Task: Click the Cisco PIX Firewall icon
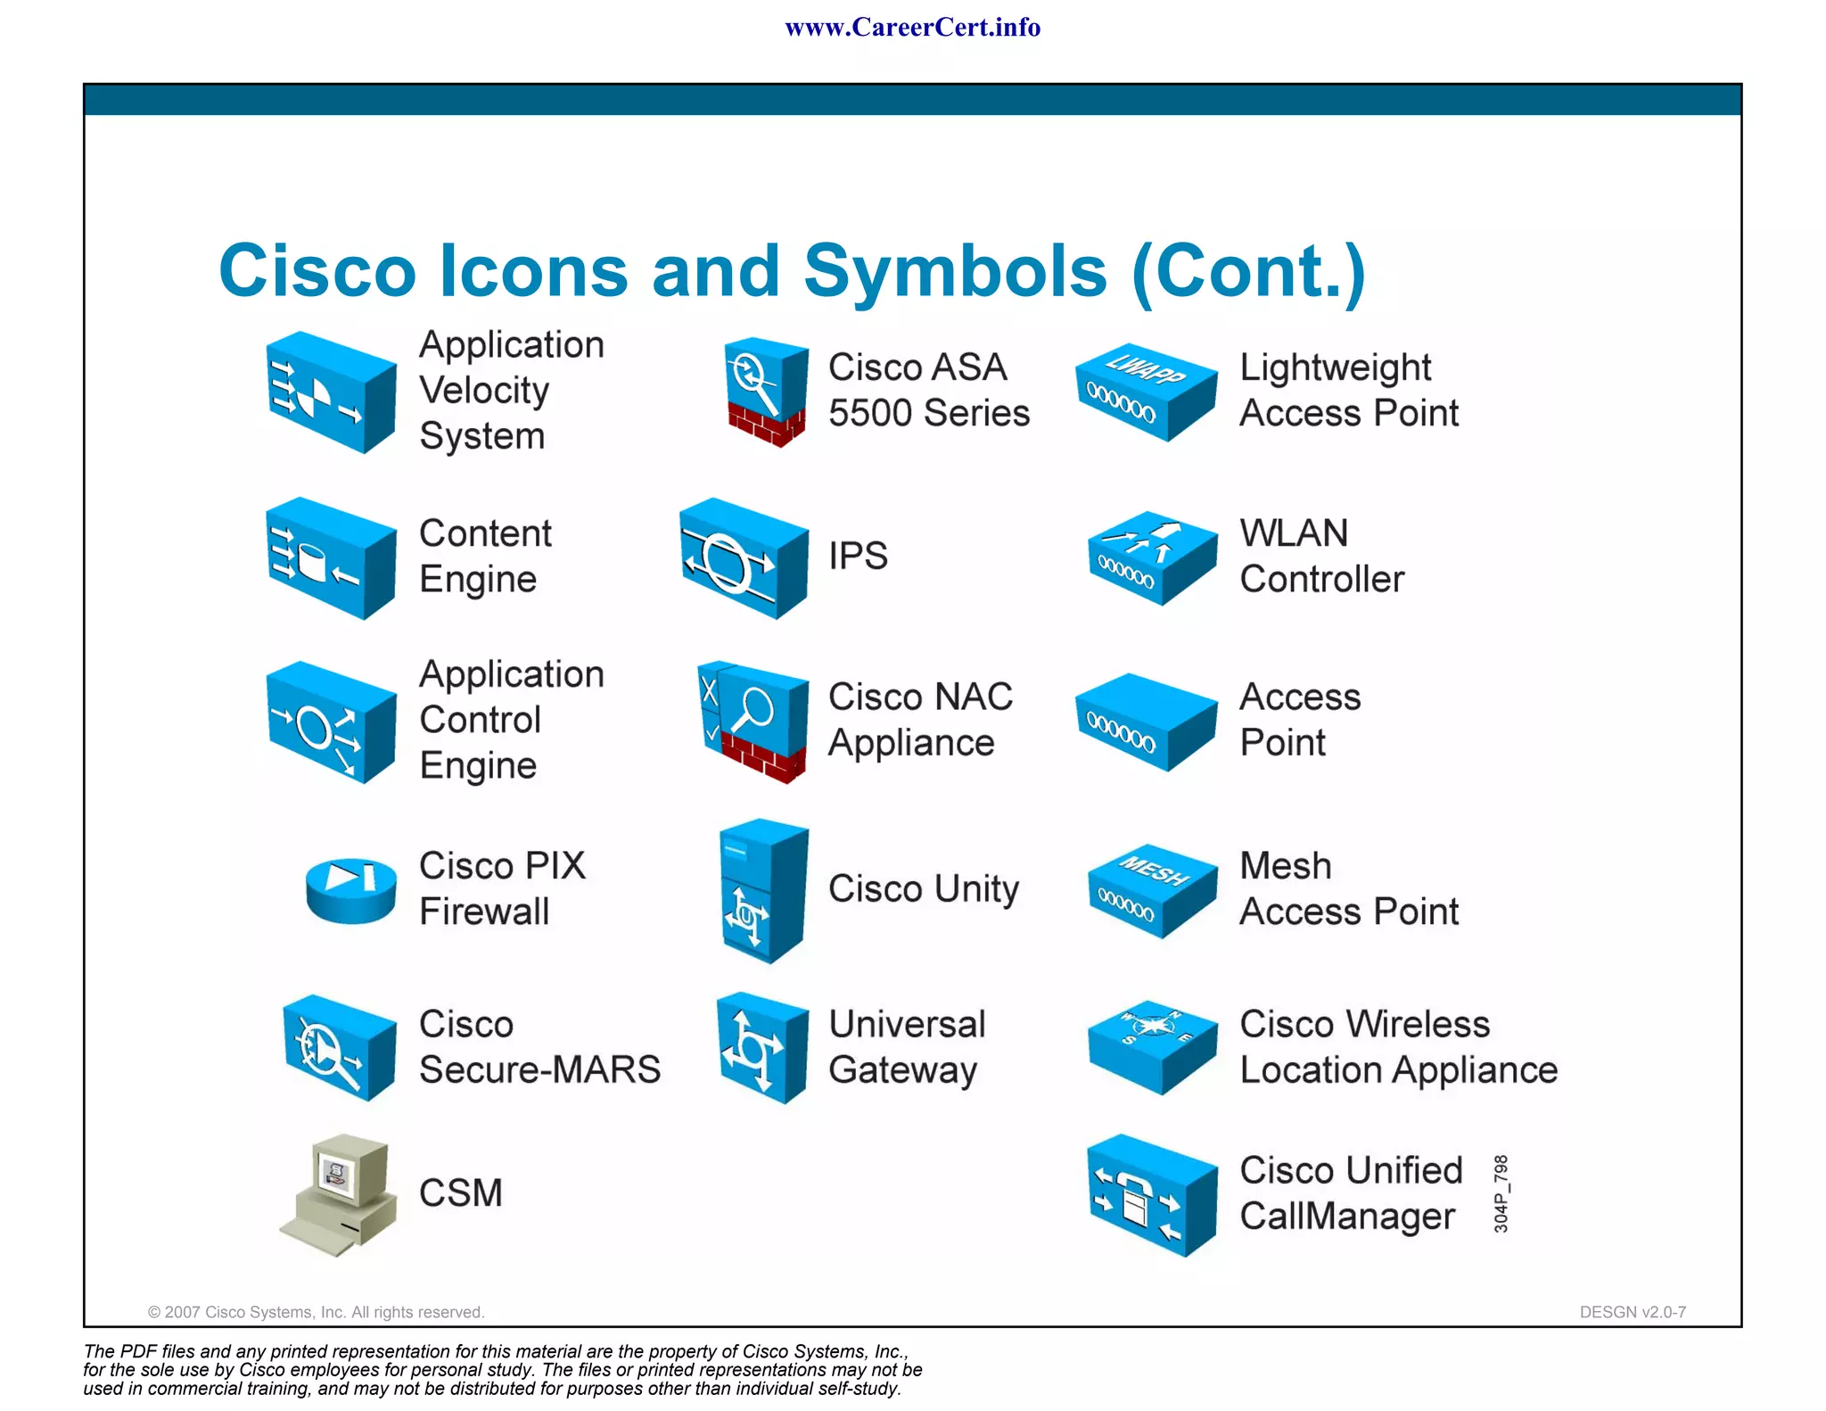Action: (350, 890)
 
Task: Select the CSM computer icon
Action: (340, 1195)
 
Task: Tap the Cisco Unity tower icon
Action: (763, 890)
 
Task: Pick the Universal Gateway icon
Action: (763, 1048)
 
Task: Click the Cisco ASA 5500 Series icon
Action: (766, 392)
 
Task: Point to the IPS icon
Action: (744, 557)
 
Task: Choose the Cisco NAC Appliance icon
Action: (754, 721)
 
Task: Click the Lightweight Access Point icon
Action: (1146, 392)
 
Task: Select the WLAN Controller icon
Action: (1152, 557)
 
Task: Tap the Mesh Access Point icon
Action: (1152, 890)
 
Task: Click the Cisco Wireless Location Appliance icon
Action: (1152, 1046)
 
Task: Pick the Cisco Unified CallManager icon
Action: (1152, 1195)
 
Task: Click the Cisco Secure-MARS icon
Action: (339, 1048)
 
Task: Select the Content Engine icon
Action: (331, 557)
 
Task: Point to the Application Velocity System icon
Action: (331, 392)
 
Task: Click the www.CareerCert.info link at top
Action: (912, 28)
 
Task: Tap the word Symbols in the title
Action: (955, 271)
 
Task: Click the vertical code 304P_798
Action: (1501, 1193)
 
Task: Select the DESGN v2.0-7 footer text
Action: (1632, 1312)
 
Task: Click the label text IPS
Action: (858, 557)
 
